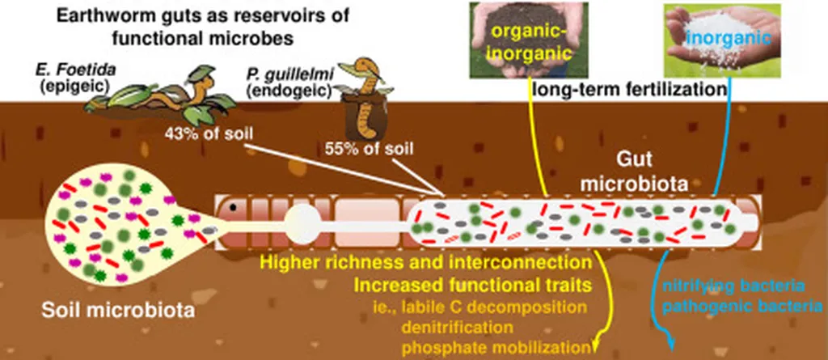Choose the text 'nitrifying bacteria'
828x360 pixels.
pos(733,287)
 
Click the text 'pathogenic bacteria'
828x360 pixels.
pos(733,307)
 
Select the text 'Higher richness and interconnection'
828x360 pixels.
pos(421,264)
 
